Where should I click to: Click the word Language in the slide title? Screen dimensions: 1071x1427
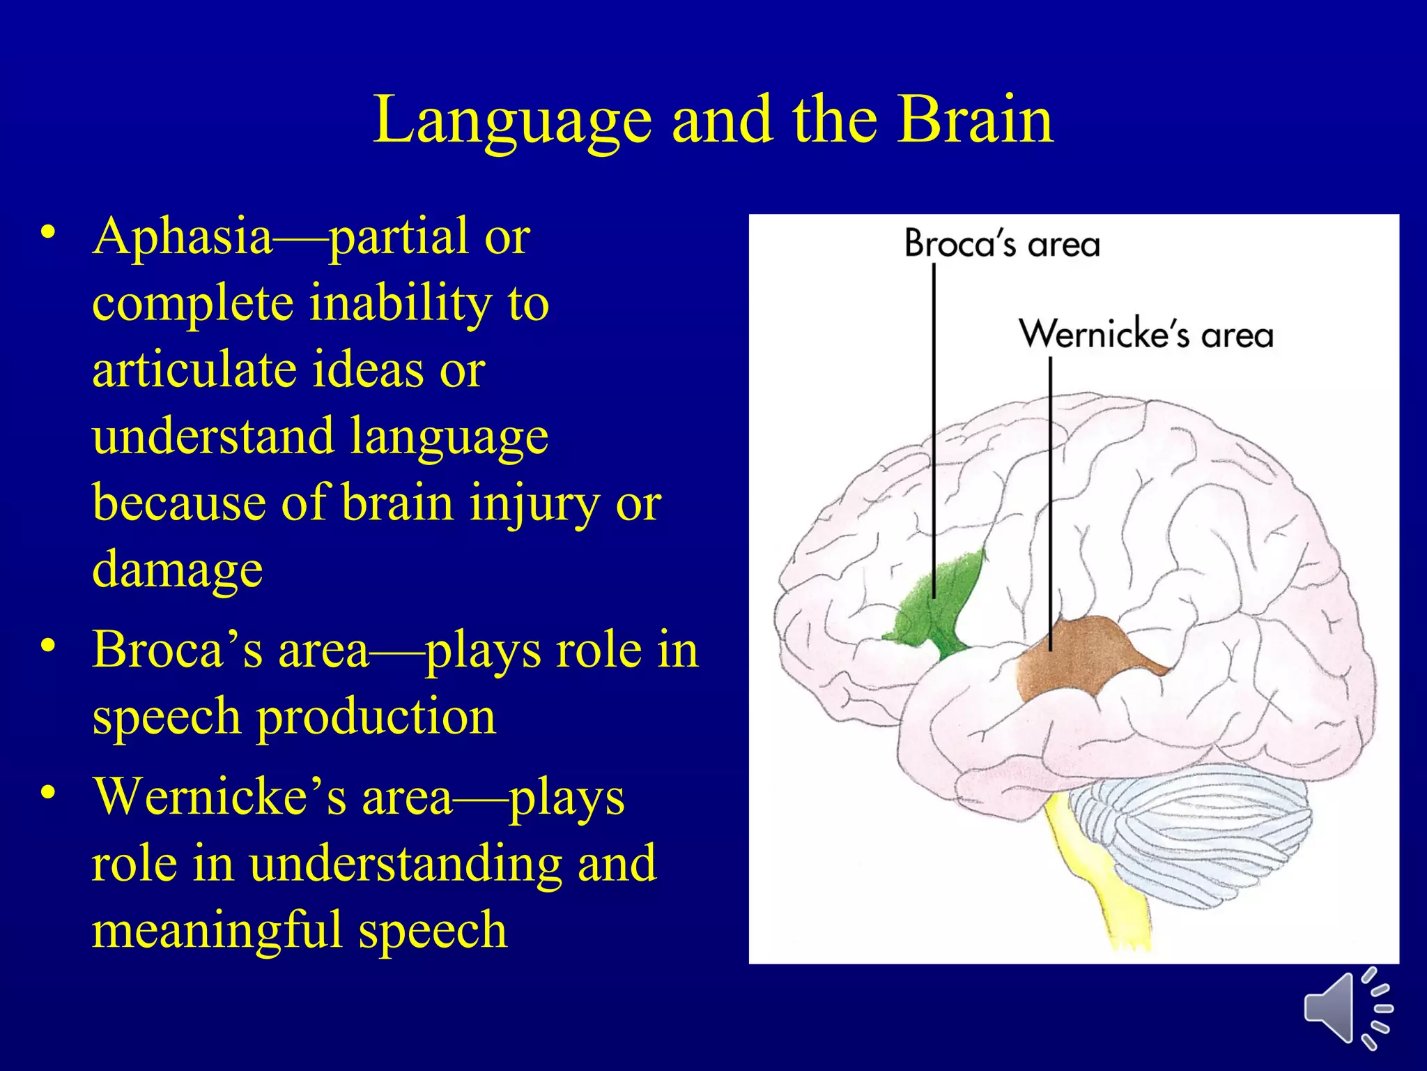[512, 122]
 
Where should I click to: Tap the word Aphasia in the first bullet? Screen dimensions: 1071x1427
[183, 237]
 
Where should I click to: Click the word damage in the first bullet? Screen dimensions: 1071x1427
[177, 569]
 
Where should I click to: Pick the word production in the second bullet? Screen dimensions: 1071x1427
[376, 717]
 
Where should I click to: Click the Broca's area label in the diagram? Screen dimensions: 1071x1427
[1001, 245]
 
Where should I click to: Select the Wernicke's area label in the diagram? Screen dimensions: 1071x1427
[1146, 334]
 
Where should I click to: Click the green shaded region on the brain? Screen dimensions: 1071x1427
[941, 607]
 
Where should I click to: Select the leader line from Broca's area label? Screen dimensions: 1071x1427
[934, 418]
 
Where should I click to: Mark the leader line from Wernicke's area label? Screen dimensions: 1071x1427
[1050, 488]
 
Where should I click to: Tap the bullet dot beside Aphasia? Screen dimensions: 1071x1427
[47, 234]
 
